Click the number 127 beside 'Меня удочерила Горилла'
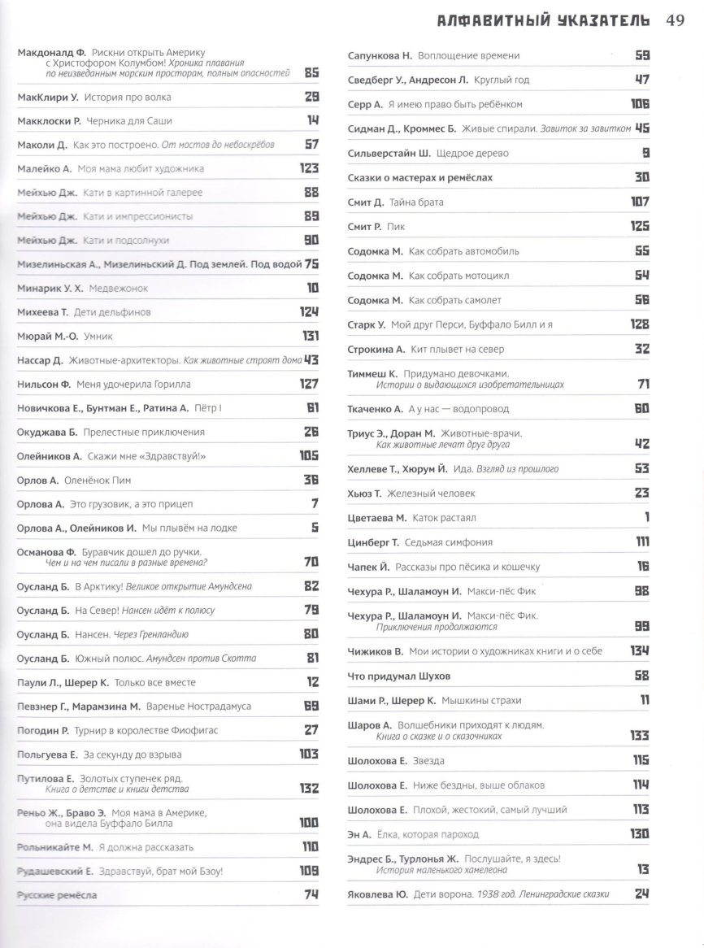click(306, 384)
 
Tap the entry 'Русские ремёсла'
click(57, 894)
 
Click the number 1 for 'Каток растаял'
click(646, 517)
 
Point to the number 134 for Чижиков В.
click(638, 651)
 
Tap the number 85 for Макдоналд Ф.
click(310, 73)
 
